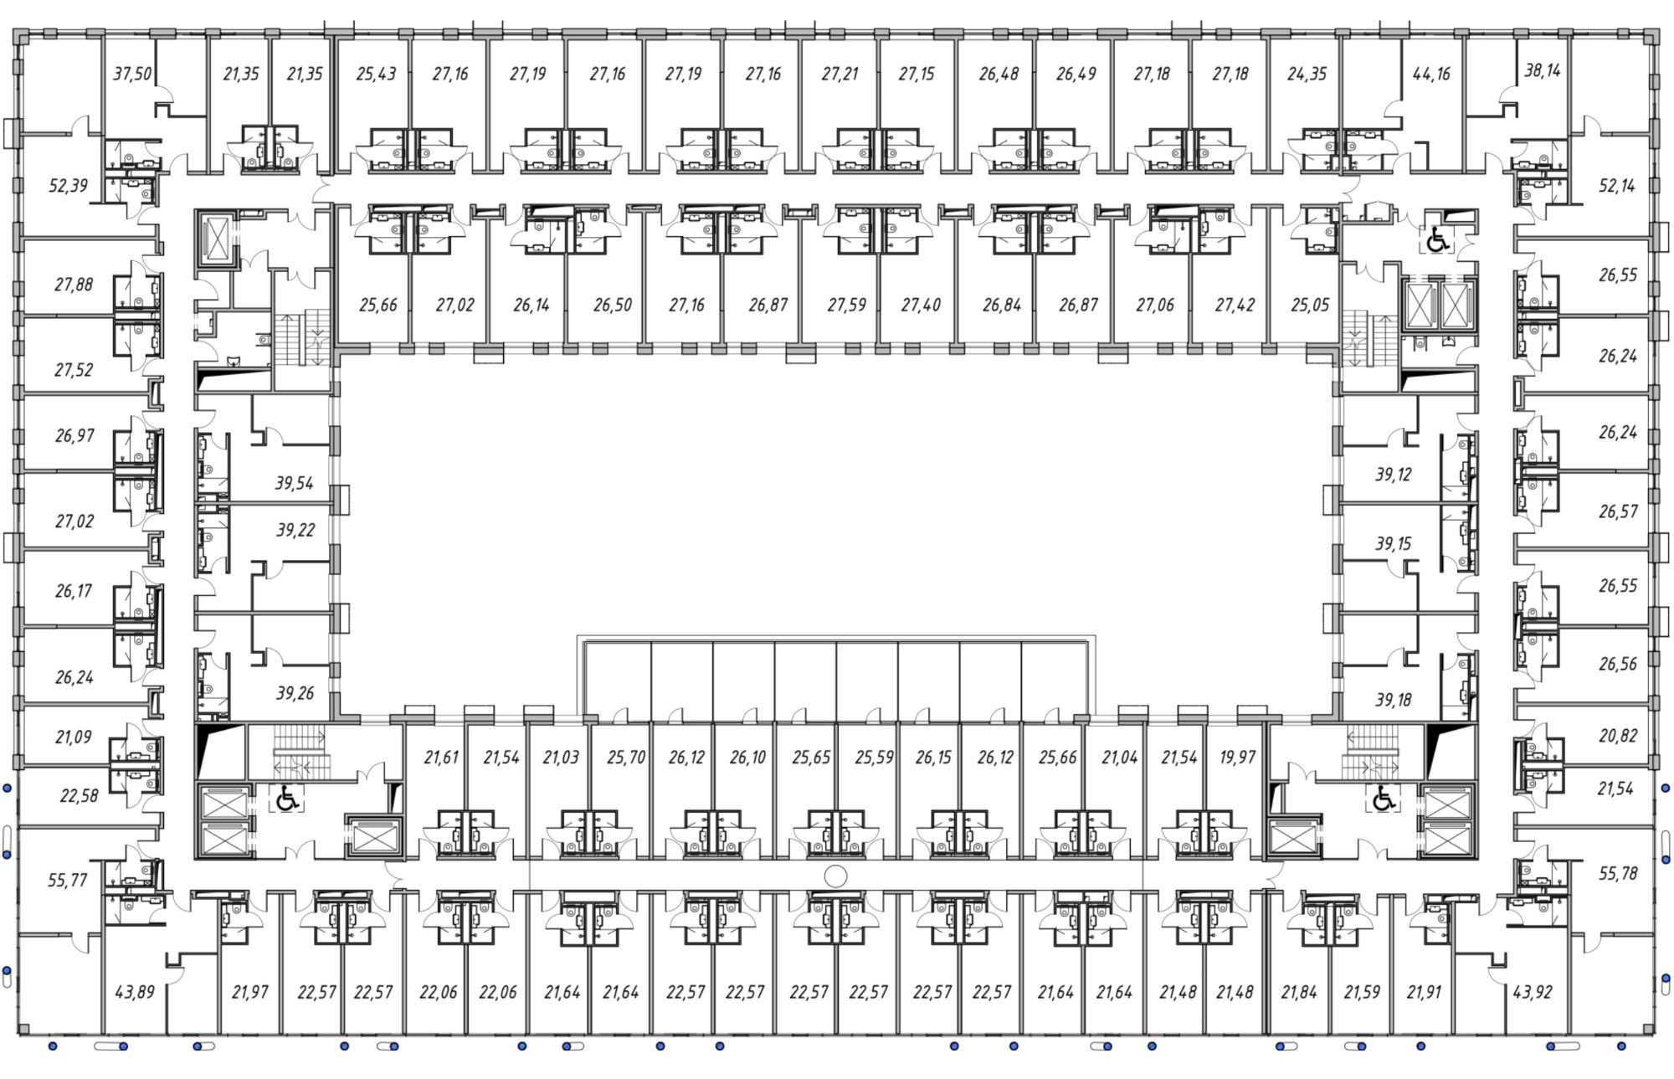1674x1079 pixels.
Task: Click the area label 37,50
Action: coord(132,74)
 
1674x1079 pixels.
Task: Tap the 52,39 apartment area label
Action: coord(68,185)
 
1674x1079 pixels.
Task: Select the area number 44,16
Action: coord(1430,74)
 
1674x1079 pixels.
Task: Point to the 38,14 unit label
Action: coord(1542,70)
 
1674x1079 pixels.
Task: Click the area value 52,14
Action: coord(1616,185)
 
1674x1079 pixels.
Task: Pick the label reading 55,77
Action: coord(67,880)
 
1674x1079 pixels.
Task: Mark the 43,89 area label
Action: coord(135,992)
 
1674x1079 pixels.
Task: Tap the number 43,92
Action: coord(1533,992)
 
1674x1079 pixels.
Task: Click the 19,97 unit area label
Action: coord(1237,757)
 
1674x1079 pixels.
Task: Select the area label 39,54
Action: coord(294,483)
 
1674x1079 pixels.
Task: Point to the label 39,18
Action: coord(1393,699)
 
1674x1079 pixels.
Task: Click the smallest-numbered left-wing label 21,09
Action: coord(74,737)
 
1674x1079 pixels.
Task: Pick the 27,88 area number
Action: coord(74,285)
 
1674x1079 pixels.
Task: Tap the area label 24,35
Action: coord(1307,74)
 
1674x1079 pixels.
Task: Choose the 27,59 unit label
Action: coord(846,305)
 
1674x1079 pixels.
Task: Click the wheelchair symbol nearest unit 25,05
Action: coord(1437,240)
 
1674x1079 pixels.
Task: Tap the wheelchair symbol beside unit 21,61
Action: coord(287,799)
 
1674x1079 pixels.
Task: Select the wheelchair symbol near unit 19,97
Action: coord(1383,799)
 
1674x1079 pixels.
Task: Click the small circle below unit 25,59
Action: coord(835,876)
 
